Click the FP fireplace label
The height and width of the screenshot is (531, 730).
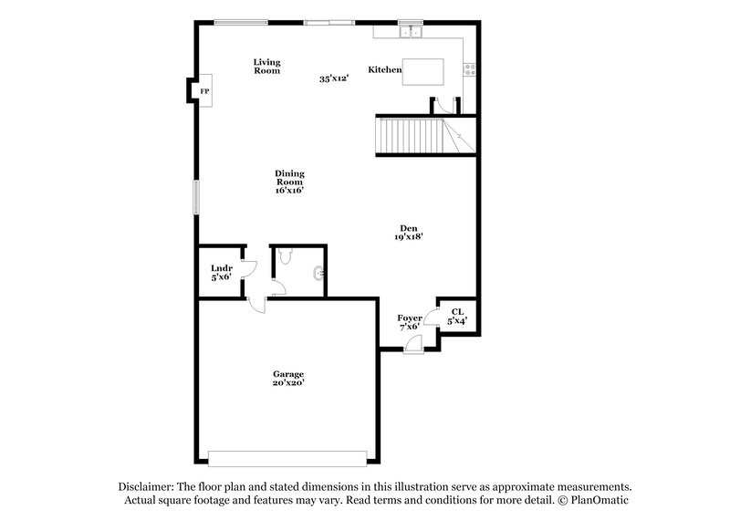point(204,92)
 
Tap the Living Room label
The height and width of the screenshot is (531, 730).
point(266,66)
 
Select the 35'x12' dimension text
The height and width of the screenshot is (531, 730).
point(335,78)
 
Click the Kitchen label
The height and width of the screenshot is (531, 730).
point(384,69)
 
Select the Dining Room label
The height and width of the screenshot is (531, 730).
point(289,182)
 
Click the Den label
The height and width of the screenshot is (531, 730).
point(407,228)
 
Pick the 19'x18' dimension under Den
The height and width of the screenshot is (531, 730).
point(407,237)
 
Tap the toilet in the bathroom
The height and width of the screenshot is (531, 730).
point(286,258)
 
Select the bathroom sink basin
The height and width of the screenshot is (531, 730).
point(318,272)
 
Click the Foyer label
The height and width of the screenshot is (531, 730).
point(409,318)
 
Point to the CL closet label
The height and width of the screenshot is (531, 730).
point(457,312)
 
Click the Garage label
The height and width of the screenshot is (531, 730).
point(287,374)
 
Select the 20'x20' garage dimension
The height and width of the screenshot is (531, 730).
point(287,383)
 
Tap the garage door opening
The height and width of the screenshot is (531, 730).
point(287,456)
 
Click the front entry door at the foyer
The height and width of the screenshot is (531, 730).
point(413,346)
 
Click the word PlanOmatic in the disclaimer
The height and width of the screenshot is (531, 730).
point(599,501)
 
